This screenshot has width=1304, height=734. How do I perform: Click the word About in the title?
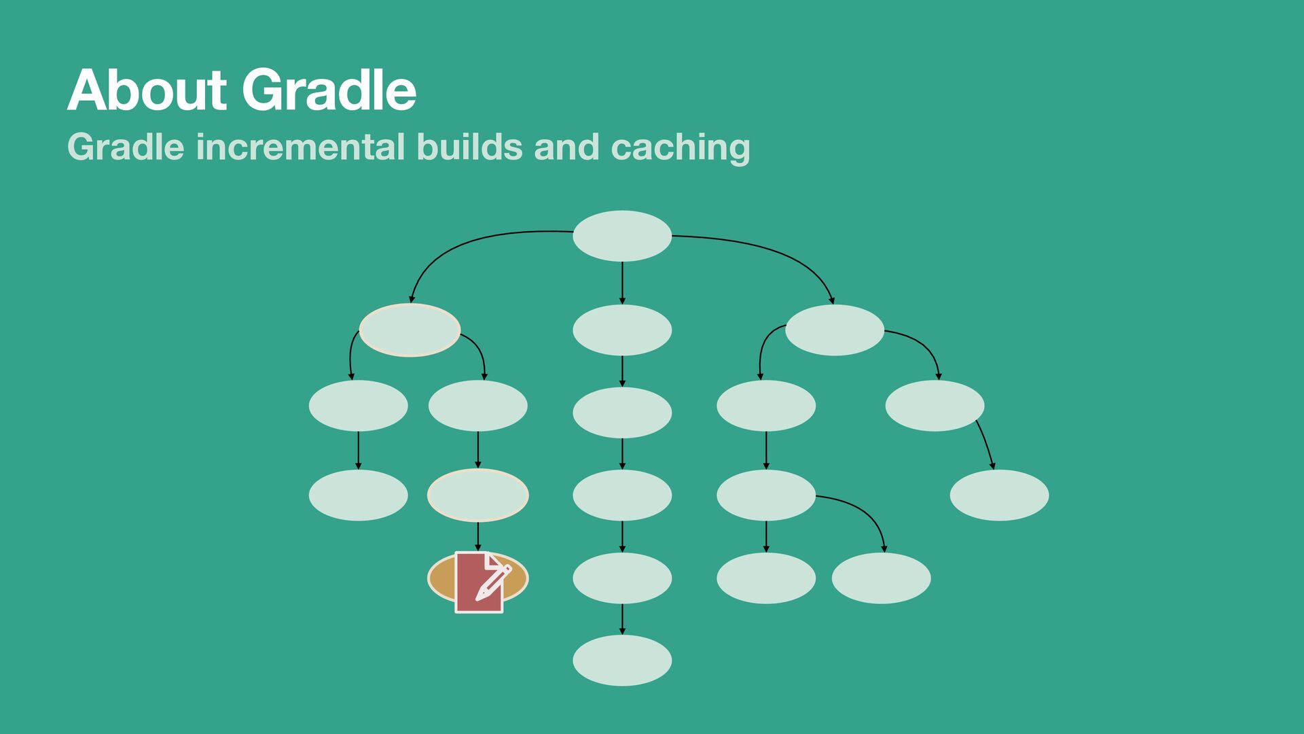point(147,90)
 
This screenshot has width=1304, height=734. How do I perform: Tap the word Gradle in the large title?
point(329,90)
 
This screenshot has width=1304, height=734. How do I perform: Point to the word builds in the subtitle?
point(469,147)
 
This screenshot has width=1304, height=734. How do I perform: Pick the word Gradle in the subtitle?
point(126,147)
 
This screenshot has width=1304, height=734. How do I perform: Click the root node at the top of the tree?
point(622,236)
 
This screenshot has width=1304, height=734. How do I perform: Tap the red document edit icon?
point(479,582)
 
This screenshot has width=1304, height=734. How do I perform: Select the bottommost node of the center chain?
point(622,661)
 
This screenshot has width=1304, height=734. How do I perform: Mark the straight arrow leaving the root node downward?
point(622,282)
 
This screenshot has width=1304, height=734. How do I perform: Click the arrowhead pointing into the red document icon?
point(478,547)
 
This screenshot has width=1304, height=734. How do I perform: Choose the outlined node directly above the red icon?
point(478,495)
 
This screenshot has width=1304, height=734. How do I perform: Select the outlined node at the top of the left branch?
point(410,330)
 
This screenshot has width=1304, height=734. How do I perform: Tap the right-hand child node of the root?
point(835,330)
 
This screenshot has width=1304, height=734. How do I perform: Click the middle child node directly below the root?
point(622,330)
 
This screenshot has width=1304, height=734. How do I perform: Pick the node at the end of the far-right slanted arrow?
point(999,495)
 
